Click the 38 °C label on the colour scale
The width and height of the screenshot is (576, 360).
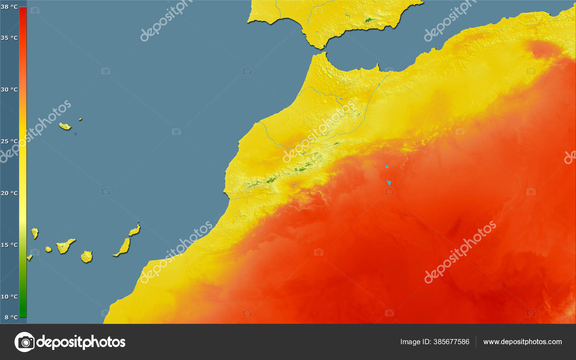[x=9, y=7]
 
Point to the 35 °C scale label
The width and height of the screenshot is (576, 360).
[x=9, y=38]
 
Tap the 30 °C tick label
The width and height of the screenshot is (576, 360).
[x=9, y=90]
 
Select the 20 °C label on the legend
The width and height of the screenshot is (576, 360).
[x=9, y=193]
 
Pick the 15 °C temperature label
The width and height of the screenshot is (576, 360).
[x=9, y=245]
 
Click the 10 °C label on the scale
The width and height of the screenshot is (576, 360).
[x=9, y=297]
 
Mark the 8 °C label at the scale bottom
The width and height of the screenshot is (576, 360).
[x=11, y=318]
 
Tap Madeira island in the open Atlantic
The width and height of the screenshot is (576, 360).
[x=65, y=126]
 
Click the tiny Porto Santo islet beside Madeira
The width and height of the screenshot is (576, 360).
[x=80, y=119]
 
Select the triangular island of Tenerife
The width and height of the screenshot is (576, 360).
[x=64, y=246]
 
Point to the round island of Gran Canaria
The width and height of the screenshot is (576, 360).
[x=87, y=257]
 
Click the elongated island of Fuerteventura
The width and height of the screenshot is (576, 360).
[x=123, y=247]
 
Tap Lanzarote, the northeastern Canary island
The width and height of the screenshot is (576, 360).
[x=135, y=230]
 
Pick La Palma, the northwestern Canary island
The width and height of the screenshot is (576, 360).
[x=35, y=233]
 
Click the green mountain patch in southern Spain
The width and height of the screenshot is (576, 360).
[x=369, y=20]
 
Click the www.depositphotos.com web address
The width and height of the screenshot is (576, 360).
[x=522, y=342]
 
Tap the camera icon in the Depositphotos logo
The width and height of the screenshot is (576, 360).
[x=24, y=342]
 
